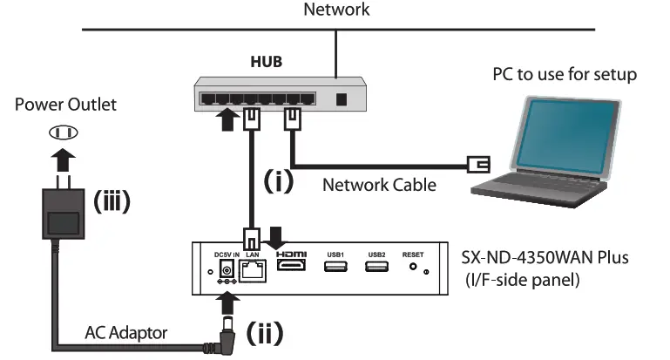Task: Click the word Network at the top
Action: tap(335, 10)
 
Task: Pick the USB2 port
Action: tap(376, 266)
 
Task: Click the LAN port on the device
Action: tap(252, 268)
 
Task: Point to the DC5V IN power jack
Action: tap(227, 267)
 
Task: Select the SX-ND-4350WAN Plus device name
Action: tap(545, 259)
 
